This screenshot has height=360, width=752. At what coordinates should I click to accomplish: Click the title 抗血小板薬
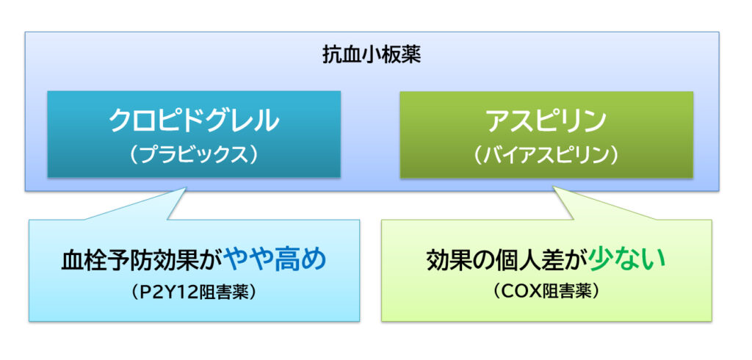[372, 55]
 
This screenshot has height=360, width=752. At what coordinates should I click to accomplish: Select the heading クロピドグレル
[194, 121]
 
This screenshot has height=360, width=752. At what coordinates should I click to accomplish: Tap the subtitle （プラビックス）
[194, 156]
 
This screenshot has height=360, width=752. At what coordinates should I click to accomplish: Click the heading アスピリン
[546, 121]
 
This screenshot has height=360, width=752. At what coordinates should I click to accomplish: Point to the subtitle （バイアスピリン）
[546, 156]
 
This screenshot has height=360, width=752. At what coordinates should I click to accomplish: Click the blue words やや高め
[275, 260]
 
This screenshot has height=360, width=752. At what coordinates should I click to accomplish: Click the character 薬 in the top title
[411, 55]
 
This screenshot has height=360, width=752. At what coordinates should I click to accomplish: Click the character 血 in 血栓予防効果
[73, 262]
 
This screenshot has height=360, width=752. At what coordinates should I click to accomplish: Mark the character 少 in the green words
[604, 260]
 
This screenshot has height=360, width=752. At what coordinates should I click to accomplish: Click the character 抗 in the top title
[332, 55]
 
